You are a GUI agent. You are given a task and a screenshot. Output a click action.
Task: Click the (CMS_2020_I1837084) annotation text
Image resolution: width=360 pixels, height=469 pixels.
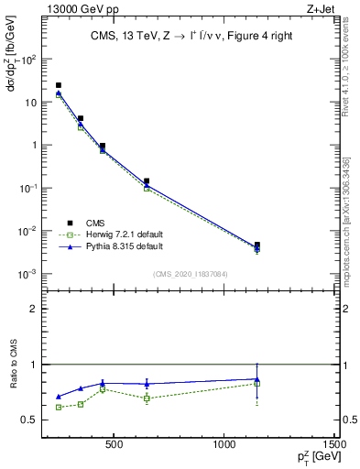point(190,273)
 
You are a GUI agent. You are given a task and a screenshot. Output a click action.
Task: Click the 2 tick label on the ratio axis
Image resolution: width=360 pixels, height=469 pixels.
point(33,309)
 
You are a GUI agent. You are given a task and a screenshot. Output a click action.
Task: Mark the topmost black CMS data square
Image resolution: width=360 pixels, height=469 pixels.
point(59,85)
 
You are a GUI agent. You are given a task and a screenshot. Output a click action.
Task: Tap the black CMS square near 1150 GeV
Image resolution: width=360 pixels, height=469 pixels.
point(257,245)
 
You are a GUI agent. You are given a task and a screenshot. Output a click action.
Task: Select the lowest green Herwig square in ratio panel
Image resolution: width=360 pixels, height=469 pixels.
point(59,407)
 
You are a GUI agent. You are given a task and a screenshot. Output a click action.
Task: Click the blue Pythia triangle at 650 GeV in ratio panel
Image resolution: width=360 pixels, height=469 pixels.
point(147,384)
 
